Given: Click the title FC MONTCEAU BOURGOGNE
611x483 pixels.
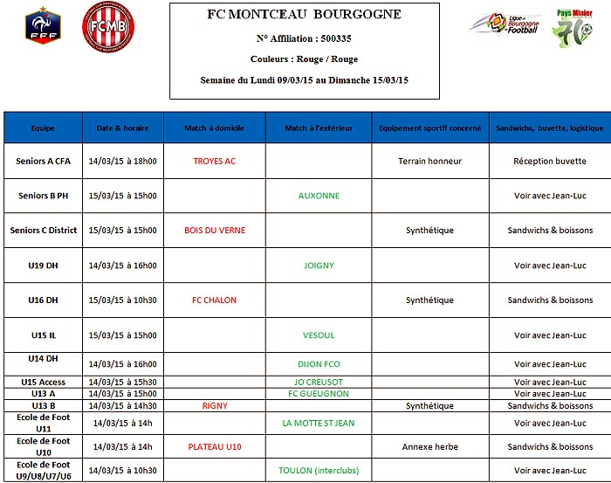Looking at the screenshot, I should (304, 15).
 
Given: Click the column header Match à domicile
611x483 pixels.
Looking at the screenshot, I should (214, 128).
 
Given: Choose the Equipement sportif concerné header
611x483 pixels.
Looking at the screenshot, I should (429, 128).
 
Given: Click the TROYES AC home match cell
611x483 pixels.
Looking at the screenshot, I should (214, 161).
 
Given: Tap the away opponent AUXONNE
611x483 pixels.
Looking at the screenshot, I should (319, 196).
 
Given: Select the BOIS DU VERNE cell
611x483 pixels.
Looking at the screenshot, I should (215, 231).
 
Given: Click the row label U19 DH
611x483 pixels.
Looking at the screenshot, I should (43, 266).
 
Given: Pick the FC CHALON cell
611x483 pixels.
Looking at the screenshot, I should (214, 300).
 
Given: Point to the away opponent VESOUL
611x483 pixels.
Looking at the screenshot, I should (319, 335).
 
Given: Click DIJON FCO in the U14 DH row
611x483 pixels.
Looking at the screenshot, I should (319, 364).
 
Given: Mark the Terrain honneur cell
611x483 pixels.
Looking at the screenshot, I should (429, 161).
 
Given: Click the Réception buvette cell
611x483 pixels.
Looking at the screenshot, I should (550, 161).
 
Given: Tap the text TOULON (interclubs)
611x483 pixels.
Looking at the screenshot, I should (319, 471).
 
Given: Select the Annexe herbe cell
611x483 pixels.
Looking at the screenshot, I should (429, 447).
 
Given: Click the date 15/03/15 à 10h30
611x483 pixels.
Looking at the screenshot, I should (122, 300).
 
